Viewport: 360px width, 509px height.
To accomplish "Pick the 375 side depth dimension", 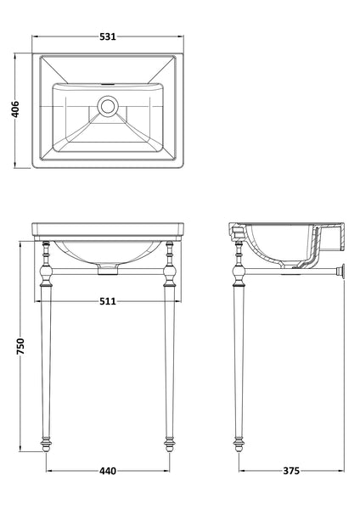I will [291, 469].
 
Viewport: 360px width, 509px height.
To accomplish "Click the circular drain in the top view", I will [108, 106].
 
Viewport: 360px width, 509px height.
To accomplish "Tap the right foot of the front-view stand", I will [169, 442].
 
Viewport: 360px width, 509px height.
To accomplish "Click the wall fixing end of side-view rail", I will [343, 271].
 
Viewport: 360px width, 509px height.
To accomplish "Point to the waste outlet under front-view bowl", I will [108, 271].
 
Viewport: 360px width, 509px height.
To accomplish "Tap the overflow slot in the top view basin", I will [108, 87].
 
